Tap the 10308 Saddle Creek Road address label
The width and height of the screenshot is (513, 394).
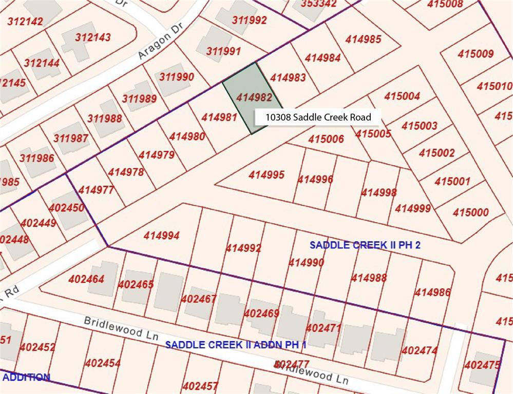(318, 117)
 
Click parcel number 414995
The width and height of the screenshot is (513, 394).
(267, 175)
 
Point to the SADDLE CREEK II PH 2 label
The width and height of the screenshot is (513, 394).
(365, 245)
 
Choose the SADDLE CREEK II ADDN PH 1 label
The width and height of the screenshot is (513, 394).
(236, 344)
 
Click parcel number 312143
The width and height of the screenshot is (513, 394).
(92, 37)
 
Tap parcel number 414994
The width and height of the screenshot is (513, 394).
(161, 235)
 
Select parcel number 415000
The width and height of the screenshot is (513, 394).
(471, 212)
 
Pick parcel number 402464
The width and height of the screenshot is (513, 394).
(86, 279)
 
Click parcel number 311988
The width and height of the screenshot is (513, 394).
(104, 119)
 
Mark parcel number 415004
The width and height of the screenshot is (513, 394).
(402, 96)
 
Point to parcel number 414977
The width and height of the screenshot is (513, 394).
(96, 190)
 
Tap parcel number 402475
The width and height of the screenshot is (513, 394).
(482, 365)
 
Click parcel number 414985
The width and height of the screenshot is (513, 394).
(363, 39)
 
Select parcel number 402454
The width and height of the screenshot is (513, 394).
(103, 363)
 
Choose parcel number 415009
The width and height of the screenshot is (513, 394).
(476, 54)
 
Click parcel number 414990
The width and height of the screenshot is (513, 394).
(306, 262)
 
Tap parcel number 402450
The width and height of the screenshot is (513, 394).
(66, 208)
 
